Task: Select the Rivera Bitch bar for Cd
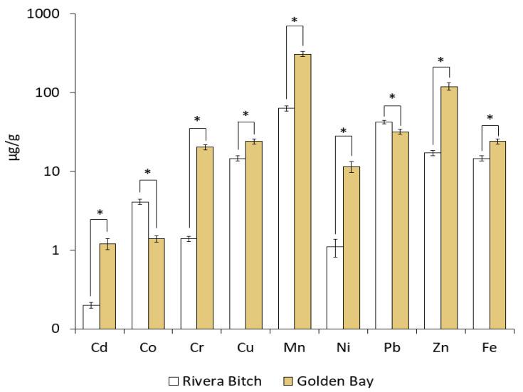click(x=91, y=317)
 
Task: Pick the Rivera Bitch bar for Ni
click(x=335, y=287)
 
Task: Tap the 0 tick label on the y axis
click(x=54, y=329)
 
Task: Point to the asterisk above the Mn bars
click(x=295, y=20)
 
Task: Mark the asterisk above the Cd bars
click(x=100, y=213)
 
